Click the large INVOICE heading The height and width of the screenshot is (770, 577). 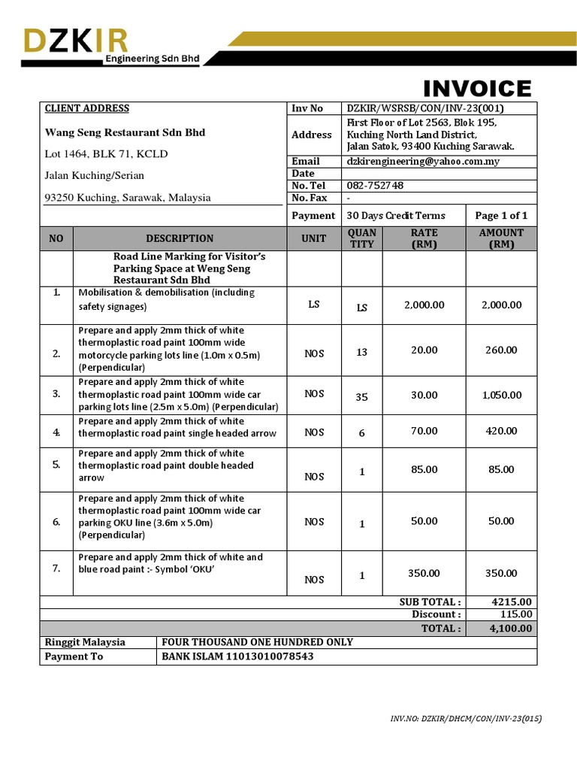(477, 89)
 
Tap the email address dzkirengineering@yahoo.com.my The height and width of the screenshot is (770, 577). (423, 161)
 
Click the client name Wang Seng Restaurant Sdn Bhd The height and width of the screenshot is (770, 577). (125, 132)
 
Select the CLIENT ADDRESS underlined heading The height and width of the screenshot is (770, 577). (87, 108)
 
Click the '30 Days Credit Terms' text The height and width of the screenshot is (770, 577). (396, 215)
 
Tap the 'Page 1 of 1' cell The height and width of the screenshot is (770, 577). (501, 215)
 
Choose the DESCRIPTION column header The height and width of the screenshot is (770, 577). (180, 238)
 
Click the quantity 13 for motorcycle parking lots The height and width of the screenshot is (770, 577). (362, 352)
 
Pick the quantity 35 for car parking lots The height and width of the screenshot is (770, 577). (362, 397)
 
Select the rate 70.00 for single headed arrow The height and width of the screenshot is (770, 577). (424, 431)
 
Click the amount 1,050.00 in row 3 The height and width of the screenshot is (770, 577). (501, 395)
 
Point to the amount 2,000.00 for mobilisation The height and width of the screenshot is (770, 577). (501, 305)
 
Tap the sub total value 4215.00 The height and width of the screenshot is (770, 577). (511, 602)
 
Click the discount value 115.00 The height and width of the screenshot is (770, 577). (515, 614)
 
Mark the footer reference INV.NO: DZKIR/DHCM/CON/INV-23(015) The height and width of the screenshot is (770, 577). (466, 719)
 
